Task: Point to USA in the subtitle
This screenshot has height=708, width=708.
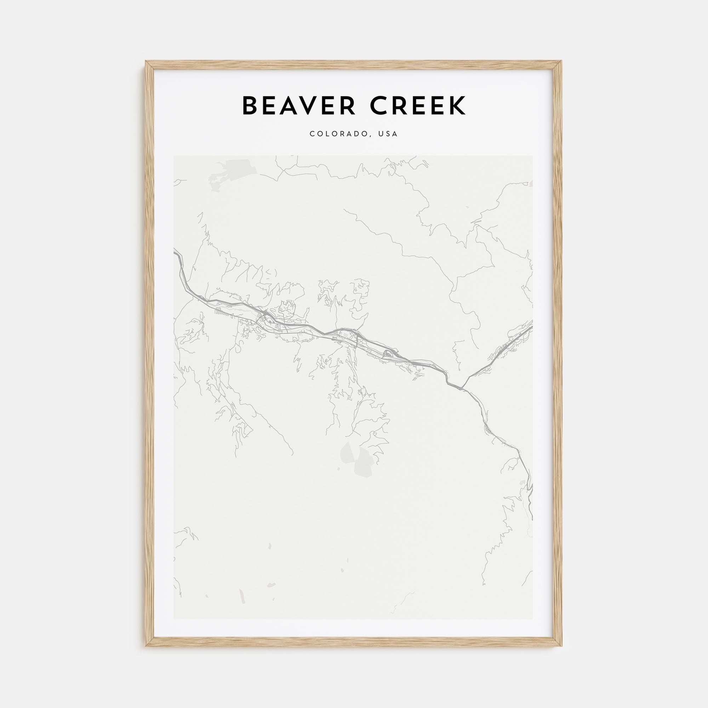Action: point(388,134)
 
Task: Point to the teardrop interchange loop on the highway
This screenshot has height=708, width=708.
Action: point(388,354)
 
